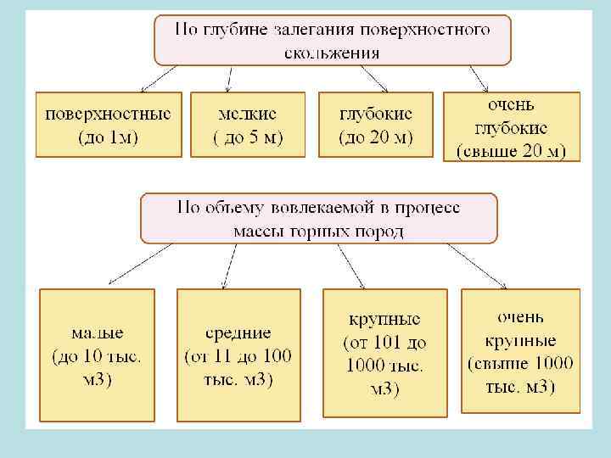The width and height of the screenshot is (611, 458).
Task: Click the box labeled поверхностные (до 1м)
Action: point(108,124)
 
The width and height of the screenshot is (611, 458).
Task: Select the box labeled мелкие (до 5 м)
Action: point(247,124)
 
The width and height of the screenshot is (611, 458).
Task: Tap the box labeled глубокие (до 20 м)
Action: point(376,124)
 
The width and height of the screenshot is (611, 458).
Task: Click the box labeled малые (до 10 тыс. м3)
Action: point(97,354)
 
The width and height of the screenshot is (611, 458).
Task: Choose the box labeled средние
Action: point(238,354)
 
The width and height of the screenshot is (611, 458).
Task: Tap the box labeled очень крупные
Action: point(520,351)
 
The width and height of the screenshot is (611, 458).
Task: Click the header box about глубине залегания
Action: point(332,40)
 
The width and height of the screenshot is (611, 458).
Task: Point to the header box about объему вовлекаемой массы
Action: point(318,218)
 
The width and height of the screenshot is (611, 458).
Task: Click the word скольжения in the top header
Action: point(332,52)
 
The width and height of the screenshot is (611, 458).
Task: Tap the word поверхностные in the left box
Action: point(108,113)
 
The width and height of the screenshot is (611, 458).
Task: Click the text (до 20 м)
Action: point(376,137)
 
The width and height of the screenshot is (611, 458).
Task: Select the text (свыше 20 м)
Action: point(511,152)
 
